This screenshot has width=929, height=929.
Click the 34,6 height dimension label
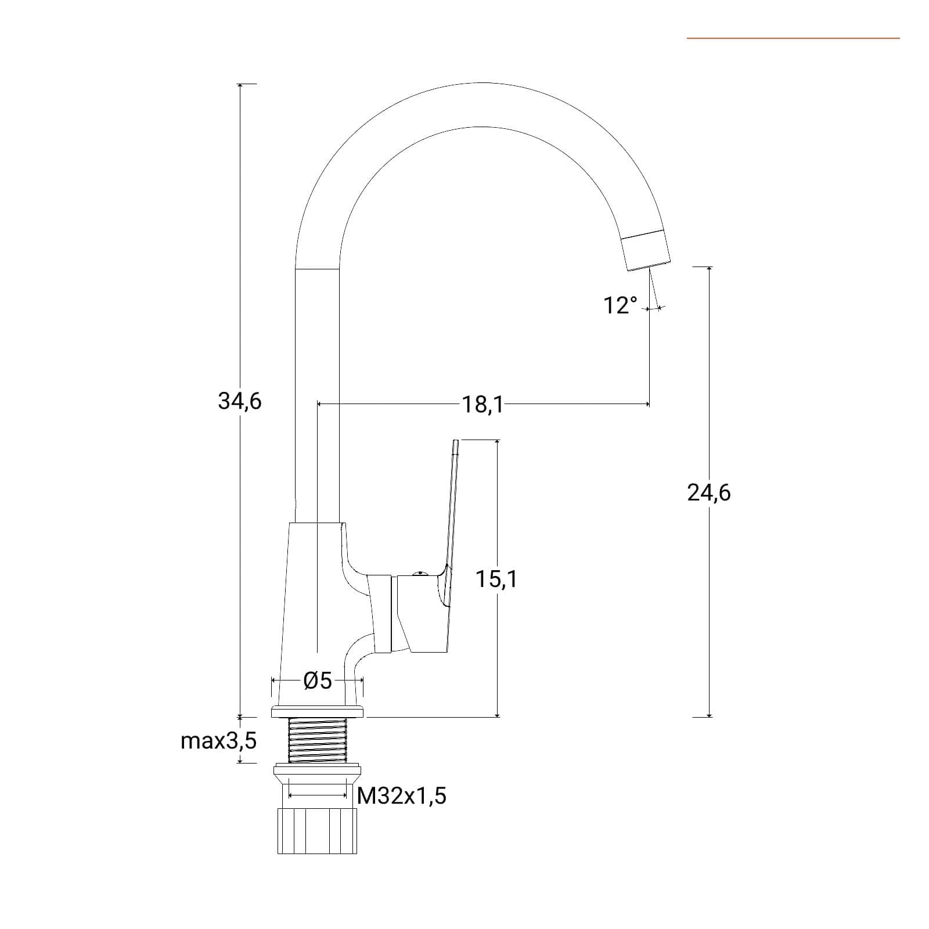240,401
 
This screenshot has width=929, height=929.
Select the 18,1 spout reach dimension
482,404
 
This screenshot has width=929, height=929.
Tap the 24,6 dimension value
709,493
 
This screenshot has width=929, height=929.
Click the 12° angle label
620,305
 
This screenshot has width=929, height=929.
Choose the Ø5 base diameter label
318,680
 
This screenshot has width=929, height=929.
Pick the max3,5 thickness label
219,741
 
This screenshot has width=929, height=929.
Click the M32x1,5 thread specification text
402,795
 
